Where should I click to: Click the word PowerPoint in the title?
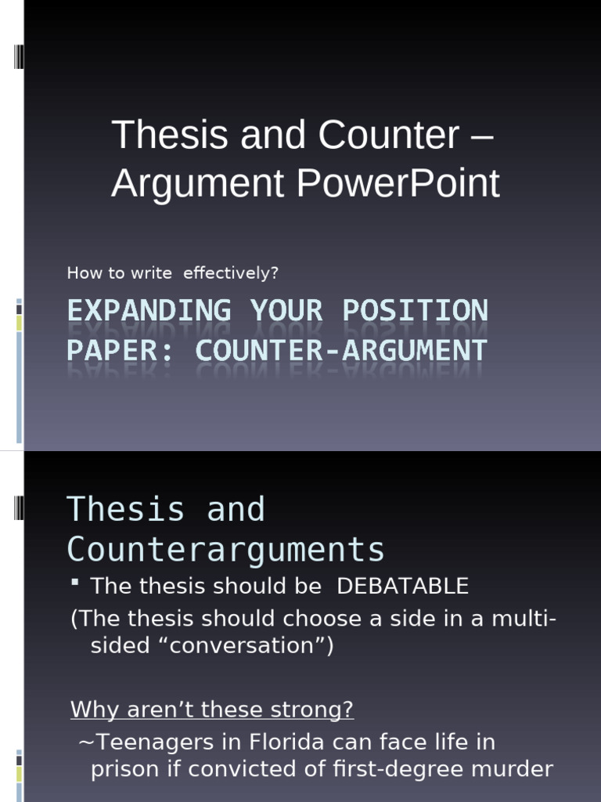398,184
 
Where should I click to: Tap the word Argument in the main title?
197,184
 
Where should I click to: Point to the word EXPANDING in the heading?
149,311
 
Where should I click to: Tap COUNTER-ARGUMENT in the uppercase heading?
341,350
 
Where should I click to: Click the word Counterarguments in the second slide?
225,550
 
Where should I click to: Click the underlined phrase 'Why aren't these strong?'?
212,710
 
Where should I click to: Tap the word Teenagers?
155,742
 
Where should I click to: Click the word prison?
123,769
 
